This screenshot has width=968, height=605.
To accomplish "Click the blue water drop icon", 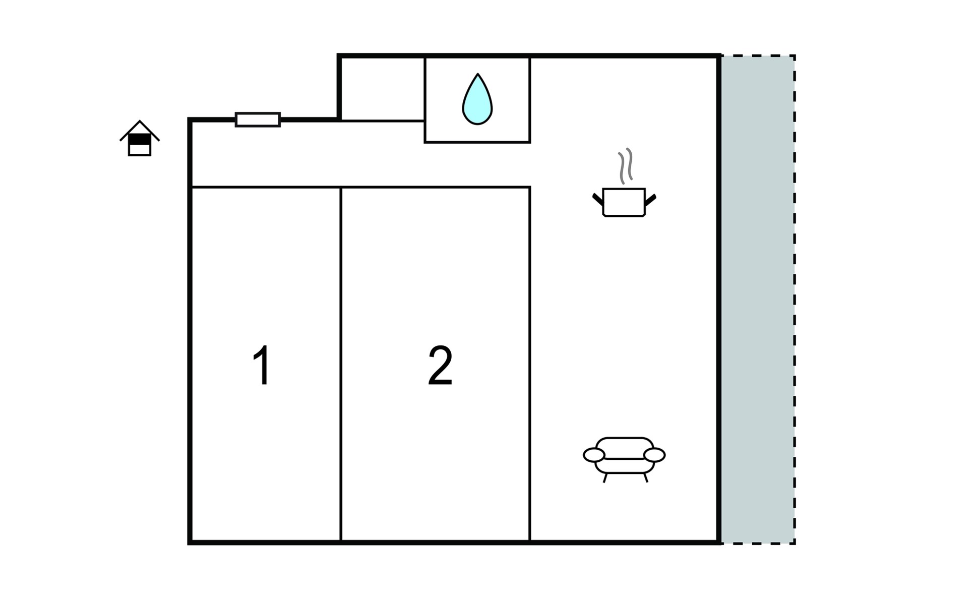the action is [x=477, y=99].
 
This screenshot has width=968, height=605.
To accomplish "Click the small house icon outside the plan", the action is [x=140, y=138].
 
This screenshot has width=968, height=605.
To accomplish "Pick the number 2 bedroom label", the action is [x=440, y=366].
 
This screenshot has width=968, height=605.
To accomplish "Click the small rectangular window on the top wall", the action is [x=258, y=119].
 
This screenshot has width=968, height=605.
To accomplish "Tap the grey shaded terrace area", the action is [x=758, y=299].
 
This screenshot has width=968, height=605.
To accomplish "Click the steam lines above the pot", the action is [x=625, y=165].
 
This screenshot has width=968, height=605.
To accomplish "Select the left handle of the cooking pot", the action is [x=598, y=199].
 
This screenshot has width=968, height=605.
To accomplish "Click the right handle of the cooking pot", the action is [x=650, y=200].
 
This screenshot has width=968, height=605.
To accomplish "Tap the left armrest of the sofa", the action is [x=594, y=455].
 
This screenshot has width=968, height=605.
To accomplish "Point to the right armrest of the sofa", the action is [x=654, y=455].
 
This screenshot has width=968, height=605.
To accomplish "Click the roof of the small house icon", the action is [x=140, y=129].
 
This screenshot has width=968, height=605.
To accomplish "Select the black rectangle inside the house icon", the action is [x=140, y=139].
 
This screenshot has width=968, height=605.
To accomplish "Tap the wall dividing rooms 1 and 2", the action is [x=341, y=364].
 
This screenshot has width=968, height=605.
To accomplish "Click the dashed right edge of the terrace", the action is [x=795, y=299].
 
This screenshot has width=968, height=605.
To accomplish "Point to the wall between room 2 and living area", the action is [x=530, y=364].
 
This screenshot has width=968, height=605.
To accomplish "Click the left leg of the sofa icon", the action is [x=605, y=478].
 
